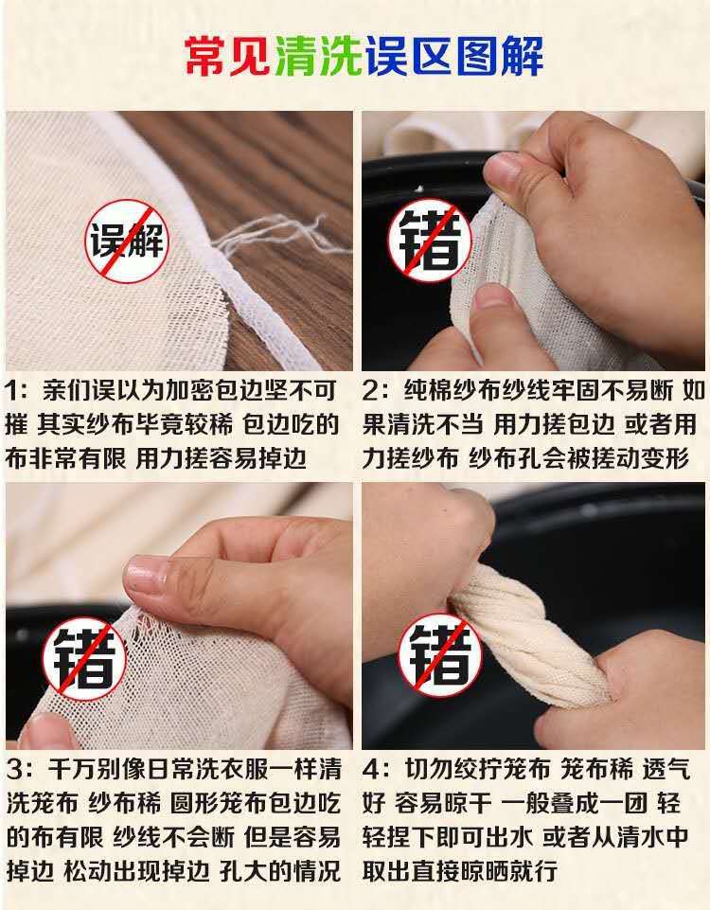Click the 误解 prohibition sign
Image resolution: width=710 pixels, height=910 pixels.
pyautogui.click(x=127, y=241)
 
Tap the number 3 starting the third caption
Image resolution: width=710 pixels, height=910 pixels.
pyautogui.click(x=13, y=767)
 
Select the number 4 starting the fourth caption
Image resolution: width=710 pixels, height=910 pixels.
pyautogui.click(x=372, y=767)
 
